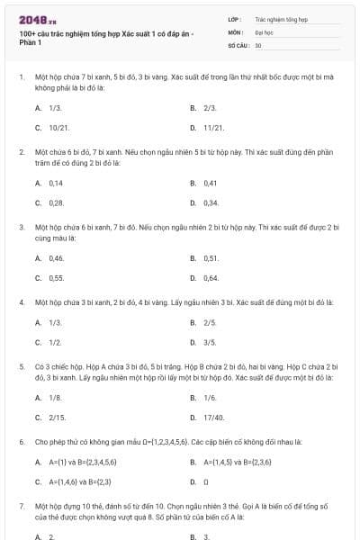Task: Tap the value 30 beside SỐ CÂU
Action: coord(258,44)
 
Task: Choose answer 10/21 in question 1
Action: coord(59,128)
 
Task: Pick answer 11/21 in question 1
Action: coord(213,128)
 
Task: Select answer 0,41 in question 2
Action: coord(211,182)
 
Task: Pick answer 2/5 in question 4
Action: coord(210,321)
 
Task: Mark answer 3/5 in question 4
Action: coord(210,342)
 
